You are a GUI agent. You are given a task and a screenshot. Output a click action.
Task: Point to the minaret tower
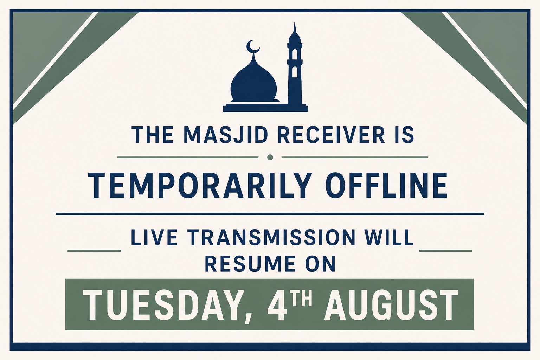[x=295, y=65]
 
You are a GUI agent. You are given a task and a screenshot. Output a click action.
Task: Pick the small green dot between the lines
[x=270, y=157]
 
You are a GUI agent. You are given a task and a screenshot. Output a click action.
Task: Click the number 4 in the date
[x=277, y=305]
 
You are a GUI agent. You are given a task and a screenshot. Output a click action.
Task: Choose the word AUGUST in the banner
[x=391, y=305]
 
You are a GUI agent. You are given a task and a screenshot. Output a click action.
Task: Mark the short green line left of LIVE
[x=94, y=251]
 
